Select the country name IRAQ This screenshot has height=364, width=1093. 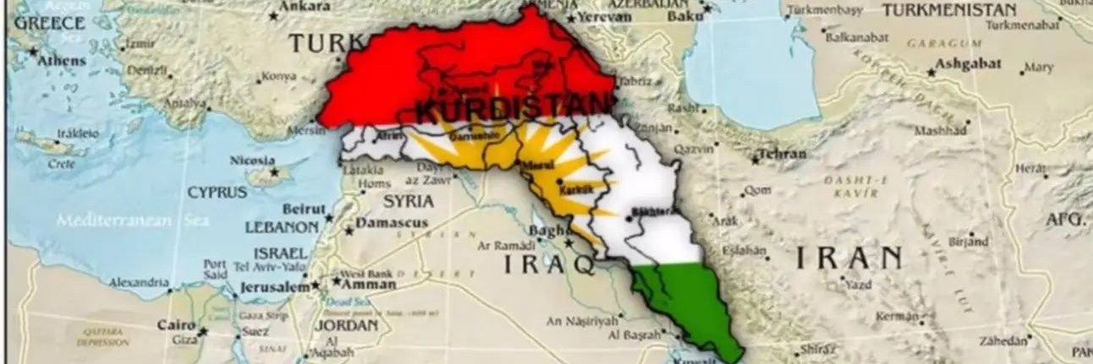tap(549, 263)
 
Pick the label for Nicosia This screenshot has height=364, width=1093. tap(252, 160)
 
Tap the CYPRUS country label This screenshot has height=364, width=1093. tap(217, 193)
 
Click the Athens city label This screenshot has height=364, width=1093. tap(61, 61)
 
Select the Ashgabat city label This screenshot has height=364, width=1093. tap(969, 64)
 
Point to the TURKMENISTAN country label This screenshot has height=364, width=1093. tap(949, 11)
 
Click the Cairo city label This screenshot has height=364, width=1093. tap(176, 325)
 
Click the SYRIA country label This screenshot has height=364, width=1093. tap(408, 202)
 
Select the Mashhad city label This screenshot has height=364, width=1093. tap(940, 131)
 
